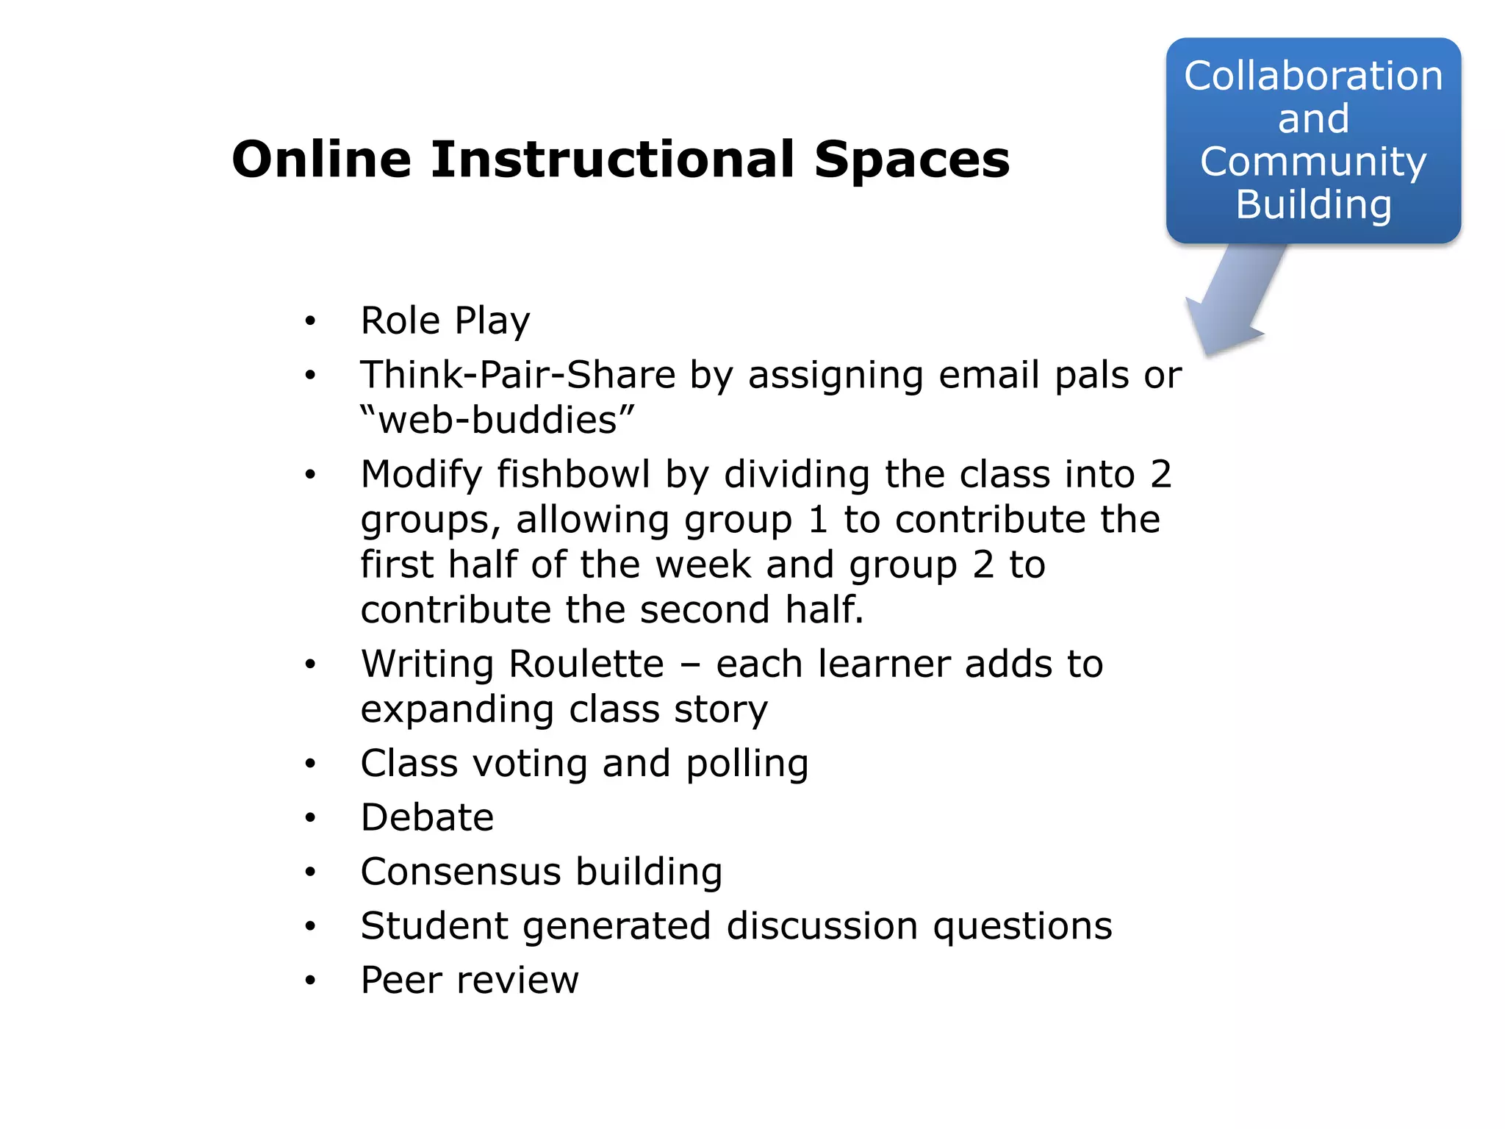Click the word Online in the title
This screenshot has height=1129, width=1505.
321,160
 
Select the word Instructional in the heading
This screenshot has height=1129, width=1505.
613,160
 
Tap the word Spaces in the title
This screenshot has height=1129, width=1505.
912,160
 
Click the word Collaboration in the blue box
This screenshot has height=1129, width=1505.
1313,76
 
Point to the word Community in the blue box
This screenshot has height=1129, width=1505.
1313,162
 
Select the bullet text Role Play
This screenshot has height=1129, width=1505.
445,321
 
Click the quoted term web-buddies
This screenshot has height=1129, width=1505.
498,420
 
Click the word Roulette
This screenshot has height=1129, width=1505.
586,664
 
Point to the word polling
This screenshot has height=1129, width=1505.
747,764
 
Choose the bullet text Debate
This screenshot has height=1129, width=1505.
427,817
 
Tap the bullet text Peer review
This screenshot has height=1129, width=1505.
470,980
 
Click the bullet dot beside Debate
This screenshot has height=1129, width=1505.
311,818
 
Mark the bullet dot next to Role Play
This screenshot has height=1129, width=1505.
311,321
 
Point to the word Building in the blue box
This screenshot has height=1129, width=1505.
1313,204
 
